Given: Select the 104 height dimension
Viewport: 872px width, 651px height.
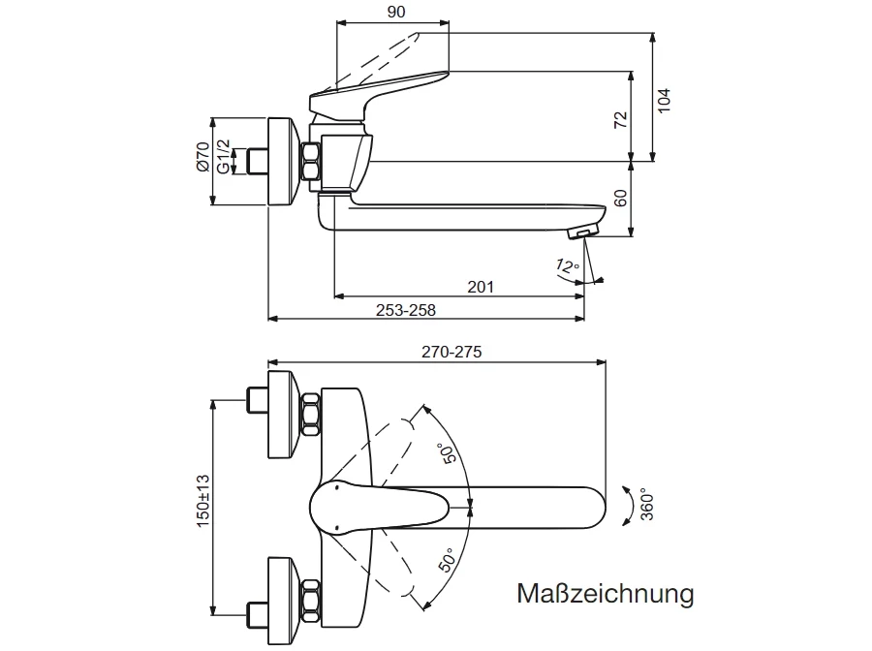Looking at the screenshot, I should (x=664, y=100).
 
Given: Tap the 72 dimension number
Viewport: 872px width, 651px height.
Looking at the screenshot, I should (x=621, y=120).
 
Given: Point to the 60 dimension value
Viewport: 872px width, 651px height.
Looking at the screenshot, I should (x=621, y=200).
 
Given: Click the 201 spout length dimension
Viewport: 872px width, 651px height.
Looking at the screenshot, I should (x=481, y=286).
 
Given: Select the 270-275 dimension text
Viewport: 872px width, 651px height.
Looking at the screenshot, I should (x=452, y=353).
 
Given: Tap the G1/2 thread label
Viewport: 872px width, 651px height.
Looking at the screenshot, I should (x=224, y=157).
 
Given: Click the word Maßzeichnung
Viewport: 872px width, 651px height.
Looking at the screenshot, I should (x=605, y=593).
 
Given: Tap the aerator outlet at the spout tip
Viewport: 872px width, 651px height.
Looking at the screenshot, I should (x=582, y=232).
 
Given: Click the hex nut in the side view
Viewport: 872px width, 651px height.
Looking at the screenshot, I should (x=312, y=162).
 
